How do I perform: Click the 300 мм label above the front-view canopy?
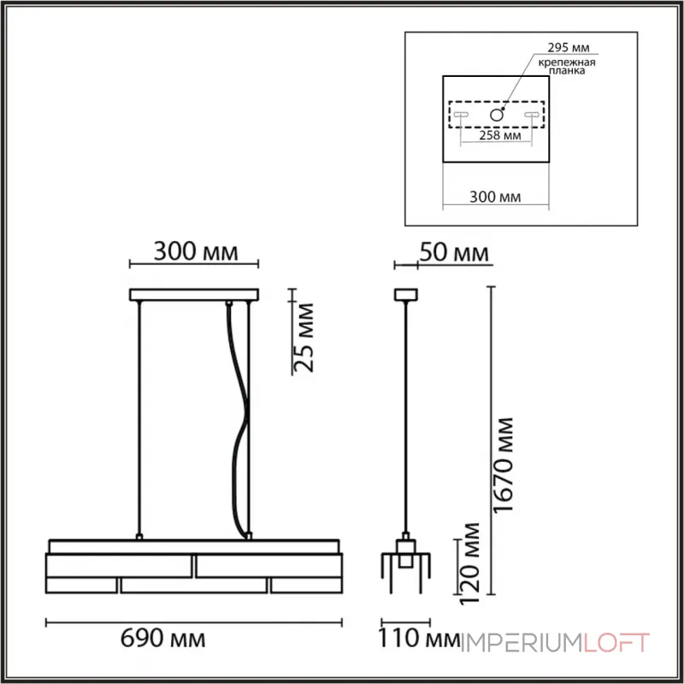(x=194, y=252)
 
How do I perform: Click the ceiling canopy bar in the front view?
(x=192, y=296)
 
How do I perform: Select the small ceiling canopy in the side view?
(x=403, y=295)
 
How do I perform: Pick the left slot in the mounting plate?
(x=460, y=115)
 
